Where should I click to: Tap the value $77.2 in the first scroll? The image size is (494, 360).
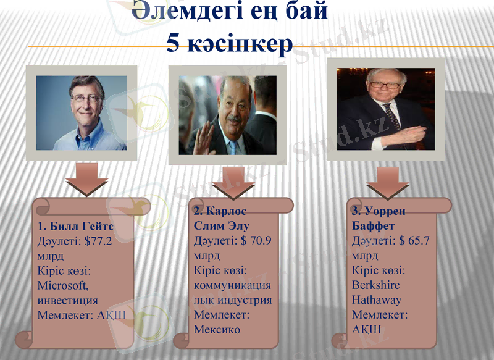click(x=95, y=241)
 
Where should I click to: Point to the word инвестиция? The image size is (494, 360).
click(x=67, y=300)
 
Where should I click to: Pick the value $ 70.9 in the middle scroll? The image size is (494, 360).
click(x=249, y=241)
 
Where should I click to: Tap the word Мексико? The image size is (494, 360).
click(x=217, y=329)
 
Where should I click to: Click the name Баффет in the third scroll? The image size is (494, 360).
click(x=372, y=226)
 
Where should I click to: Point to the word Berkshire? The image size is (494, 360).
click(x=375, y=285)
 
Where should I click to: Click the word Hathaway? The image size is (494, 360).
click(x=377, y=300)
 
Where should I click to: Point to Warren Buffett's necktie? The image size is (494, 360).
click(x=391, y=117)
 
